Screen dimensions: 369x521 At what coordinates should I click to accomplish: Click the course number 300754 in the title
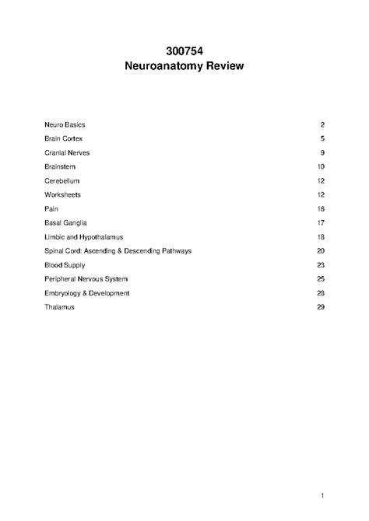(x=184, y=51)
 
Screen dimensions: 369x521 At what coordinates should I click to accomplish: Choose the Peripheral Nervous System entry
(x=86, y=278)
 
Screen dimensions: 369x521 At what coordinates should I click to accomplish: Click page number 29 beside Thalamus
(x=320, y=306)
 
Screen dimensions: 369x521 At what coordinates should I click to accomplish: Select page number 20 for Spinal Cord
(x=320, y=250)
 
